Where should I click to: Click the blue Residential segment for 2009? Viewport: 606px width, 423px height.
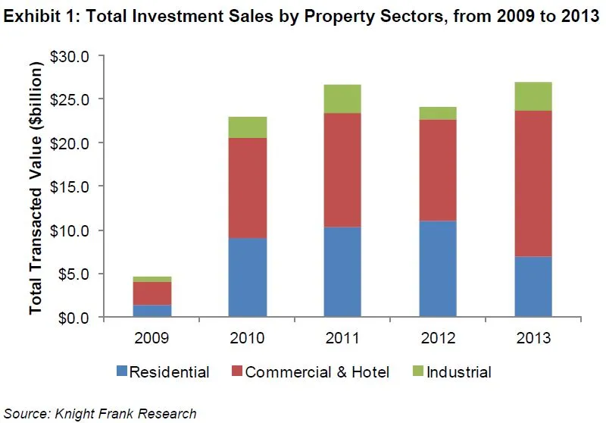point(151,311)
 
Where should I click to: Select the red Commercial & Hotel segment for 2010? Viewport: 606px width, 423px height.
point(247,188)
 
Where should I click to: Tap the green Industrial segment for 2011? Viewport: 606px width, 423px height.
point(342,99)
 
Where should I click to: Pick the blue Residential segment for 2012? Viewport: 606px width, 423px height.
point(437,268)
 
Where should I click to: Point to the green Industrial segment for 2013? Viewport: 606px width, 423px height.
point(533,96)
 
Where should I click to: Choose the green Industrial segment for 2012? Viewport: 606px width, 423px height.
point(437,113)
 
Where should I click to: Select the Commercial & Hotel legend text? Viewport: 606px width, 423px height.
point(317,372)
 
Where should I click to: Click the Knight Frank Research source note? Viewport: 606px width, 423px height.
point(100,413)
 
